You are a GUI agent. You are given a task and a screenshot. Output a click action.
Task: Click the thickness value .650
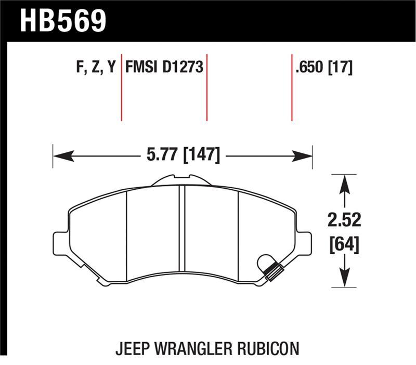[x=310, y=68]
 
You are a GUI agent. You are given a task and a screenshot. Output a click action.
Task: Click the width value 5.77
[x=159, y=155]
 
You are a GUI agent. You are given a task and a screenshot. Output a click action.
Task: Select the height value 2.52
[x=343, y=220]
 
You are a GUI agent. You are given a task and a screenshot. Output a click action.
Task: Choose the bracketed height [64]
[x=343, y=243]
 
